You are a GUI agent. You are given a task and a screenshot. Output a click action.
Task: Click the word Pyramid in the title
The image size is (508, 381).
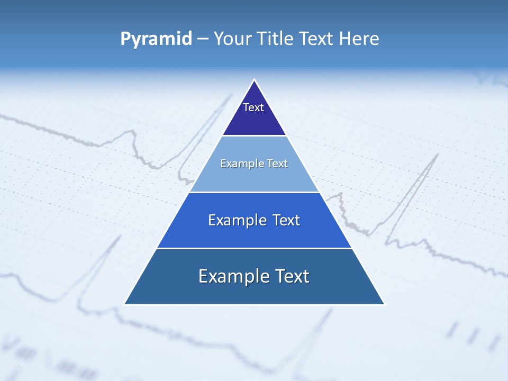156,39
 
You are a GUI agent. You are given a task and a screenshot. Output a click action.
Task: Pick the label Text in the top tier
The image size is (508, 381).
253,107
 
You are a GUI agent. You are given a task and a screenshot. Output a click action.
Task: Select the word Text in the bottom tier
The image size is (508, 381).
292,276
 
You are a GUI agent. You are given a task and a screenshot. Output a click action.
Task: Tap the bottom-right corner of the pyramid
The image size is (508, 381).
384,304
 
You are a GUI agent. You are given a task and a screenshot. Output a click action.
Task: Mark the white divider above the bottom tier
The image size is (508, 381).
254,248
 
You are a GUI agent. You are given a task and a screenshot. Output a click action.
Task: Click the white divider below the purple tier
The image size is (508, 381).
254,136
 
